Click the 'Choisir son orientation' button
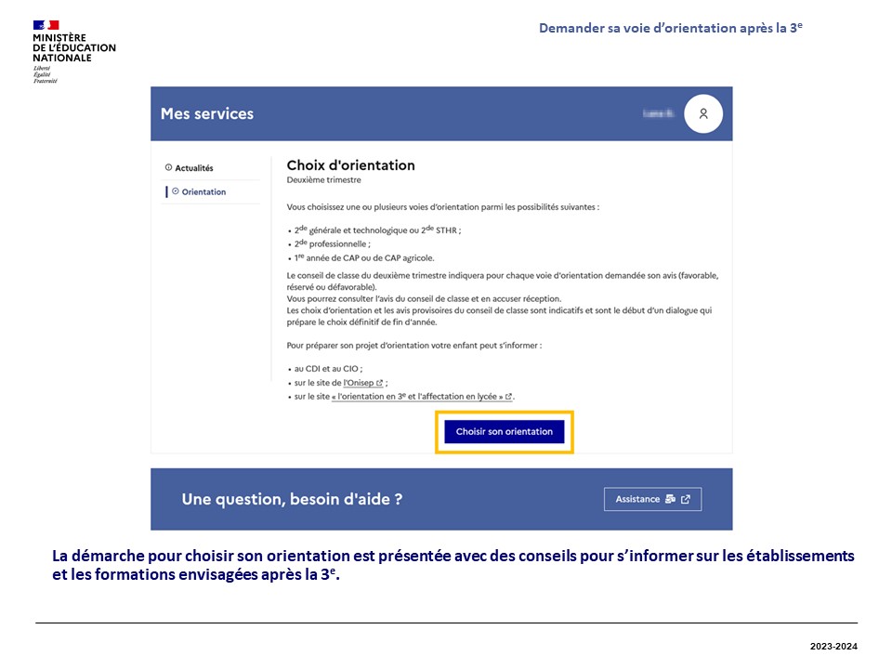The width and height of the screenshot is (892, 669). (504, 432)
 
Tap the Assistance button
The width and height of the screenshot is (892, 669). (652, 499)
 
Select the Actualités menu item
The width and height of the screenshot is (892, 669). (194, 168)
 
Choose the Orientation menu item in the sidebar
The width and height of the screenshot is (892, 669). (203, 192)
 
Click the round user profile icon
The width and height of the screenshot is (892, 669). (703, 113)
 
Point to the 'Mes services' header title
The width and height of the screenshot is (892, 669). (207, 113)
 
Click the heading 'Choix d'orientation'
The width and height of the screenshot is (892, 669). (350, 165)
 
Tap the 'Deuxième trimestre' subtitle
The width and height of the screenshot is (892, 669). (323, 180)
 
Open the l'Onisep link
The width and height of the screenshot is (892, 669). (360, 382)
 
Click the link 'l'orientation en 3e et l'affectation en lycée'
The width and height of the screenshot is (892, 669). (422, 397)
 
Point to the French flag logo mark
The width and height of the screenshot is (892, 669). (46, 25)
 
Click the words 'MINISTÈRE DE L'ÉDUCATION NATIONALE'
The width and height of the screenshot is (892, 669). (73, 47)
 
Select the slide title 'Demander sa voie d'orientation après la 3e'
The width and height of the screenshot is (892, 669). (670, 29)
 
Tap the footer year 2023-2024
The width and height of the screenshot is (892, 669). (833, 645)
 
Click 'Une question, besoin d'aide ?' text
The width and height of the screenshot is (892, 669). (292, 499)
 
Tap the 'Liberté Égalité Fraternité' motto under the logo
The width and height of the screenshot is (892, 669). (45, 74)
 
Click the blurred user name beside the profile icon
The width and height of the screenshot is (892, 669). (657, 113)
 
